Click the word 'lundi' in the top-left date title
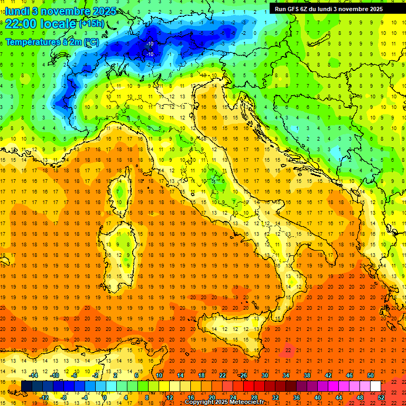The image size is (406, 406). click(17, 11)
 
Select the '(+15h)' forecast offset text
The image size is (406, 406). click(91, 24)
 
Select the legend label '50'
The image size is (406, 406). click(370, 375)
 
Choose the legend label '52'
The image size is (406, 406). click(381, 397)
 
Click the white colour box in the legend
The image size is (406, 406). click(375, 386)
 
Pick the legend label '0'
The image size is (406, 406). click(105, 397)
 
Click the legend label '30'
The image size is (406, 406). click(264, 375)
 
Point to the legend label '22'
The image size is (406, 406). click(222, 375)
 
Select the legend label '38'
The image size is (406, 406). click(307, 375)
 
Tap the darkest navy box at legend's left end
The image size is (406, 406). click(26, 386)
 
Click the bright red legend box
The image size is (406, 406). click(248, 386)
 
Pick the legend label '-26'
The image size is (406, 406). click(243, 375)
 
